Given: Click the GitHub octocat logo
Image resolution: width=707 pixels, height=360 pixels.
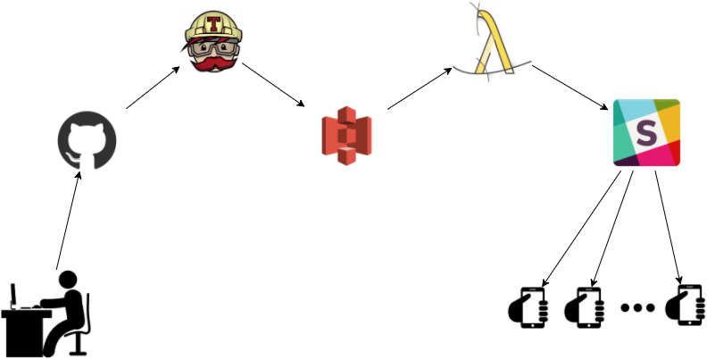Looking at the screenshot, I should [x=87, y=141].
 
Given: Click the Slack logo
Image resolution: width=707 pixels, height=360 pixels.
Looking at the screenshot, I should [x=646, y=132].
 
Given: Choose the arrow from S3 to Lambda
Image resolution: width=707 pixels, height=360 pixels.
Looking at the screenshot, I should [x=420, y=88].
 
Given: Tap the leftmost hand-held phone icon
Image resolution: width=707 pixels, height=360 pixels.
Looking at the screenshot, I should [x=528, y=306].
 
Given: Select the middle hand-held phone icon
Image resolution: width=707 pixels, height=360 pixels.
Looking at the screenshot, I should [x=586, y=306].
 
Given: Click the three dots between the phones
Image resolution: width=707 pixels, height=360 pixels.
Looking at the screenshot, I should [x=636, y=308].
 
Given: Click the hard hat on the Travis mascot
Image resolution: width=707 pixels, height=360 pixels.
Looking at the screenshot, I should [x=212, y=22].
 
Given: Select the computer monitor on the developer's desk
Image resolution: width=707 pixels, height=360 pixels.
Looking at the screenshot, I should [x=14, y=296].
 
